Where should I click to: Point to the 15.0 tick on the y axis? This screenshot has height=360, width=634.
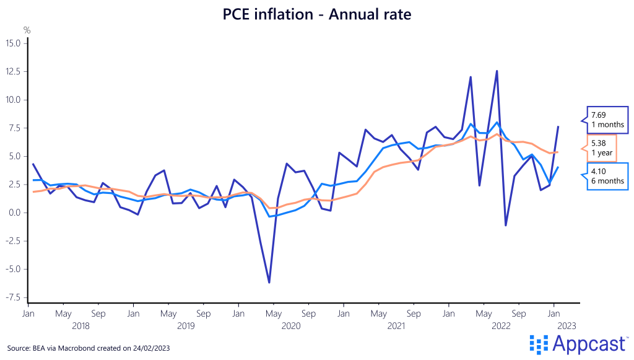14,43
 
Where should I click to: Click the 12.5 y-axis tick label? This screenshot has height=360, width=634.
14,72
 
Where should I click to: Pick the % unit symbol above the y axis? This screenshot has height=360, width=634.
27,30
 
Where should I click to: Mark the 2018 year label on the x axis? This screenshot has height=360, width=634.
80,325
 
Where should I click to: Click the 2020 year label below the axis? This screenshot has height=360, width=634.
291,325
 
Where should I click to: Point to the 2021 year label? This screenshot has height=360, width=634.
396,325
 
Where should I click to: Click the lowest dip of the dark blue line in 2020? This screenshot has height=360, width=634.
269,283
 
